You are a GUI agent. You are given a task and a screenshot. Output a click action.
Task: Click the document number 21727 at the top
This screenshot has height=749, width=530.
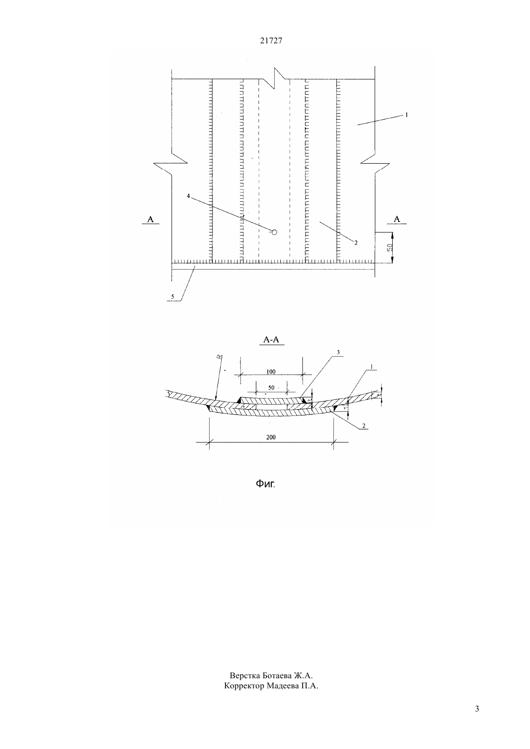pyautogui.click(x=271, y=40)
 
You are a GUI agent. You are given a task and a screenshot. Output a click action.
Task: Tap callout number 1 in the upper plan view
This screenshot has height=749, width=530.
pyautogui.click(x=407, y=115)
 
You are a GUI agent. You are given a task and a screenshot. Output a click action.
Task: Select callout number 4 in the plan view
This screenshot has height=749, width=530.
pyautogui.click(x=188, y=196)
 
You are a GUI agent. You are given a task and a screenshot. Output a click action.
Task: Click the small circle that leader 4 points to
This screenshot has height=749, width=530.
pyautogui.click(x=274, y=232)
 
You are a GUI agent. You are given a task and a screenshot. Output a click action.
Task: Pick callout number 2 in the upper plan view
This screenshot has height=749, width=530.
pyautogui.click(x=356, y=243)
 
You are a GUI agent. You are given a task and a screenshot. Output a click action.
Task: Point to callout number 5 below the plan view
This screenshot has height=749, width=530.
pyautogui.click(x=172, y=297)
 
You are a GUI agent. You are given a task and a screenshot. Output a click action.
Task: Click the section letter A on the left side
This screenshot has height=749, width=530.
pyautogui.click(x=150, y=220)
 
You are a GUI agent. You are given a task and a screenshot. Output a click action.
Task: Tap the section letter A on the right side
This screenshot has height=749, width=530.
pyautogui.click(x=397, y=220)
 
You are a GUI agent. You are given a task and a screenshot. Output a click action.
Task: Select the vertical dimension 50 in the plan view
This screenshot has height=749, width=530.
pyautogui.click(x=389, y=248)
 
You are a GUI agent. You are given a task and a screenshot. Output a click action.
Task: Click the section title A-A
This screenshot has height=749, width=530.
pyautogui.click(x=271, y=340)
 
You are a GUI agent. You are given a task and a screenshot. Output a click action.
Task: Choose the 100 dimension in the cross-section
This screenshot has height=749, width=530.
pyautogui.click(x=271, y=372)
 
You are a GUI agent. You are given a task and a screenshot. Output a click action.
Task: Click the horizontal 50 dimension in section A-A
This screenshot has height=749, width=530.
pyautogui.click(x=271, y=387)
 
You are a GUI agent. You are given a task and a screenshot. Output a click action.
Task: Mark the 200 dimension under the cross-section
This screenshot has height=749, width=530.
pyautogui.click(x=271, y=438)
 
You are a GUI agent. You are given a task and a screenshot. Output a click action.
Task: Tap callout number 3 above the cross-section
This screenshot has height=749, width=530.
pyautogui.click(x=338, y=352)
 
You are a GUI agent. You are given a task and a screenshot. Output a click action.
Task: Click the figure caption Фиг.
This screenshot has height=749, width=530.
pyautogui.click(x=265, y=484)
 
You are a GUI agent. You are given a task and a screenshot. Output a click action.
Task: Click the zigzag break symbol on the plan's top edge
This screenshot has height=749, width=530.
pyautogui.click(x=274, y=78)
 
